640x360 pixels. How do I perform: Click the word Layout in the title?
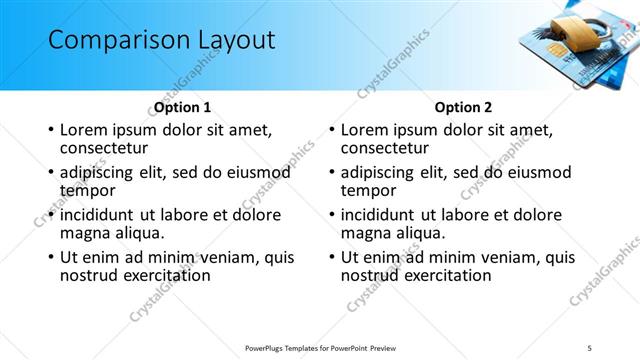231,41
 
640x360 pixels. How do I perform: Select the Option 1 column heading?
183,107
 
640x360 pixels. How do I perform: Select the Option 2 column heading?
463,107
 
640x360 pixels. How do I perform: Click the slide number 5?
591,348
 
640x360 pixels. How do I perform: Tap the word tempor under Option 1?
88,190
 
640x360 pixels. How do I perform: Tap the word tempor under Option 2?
369,190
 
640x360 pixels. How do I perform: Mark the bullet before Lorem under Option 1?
51,131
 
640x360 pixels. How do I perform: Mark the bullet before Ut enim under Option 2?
332,257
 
